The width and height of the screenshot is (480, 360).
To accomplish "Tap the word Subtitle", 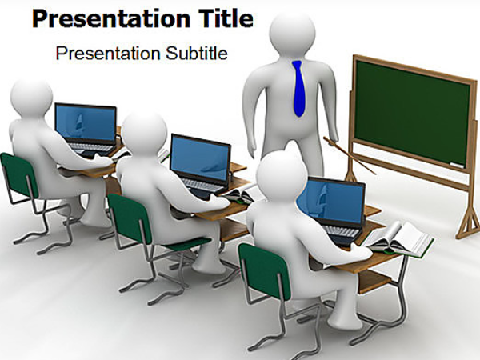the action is pyautogui.click(x=197, y=53).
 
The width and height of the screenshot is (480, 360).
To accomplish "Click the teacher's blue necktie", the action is pyautogui.click(x=298, y=89).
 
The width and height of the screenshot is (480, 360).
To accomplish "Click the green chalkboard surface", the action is pyautogui.click(x=412, y=112).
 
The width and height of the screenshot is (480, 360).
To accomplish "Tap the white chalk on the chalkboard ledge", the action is pyautogui.click(x=457, y=166).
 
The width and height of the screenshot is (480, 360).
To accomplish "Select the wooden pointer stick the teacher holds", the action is pyautogui.click(x=350, y=155).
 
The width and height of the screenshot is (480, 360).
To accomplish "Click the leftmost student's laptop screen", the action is pyautogui.click(x=86, y=122).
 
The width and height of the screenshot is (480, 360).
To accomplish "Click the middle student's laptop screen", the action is pyautogui.click(x=200, y=158).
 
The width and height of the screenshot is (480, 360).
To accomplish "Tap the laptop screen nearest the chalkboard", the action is pyautogui.click(x=331, y=200).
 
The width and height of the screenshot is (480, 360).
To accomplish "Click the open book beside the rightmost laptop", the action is pyautogui.click(x=398, y=239).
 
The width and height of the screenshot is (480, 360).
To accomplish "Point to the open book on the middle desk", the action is pyautogui.click(x=240, y=194).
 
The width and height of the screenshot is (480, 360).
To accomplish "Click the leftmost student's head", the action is pyautogui.click(x=31, y=98).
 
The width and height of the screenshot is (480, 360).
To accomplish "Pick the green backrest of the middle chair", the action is pyautogui.click(x=130, y=218).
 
